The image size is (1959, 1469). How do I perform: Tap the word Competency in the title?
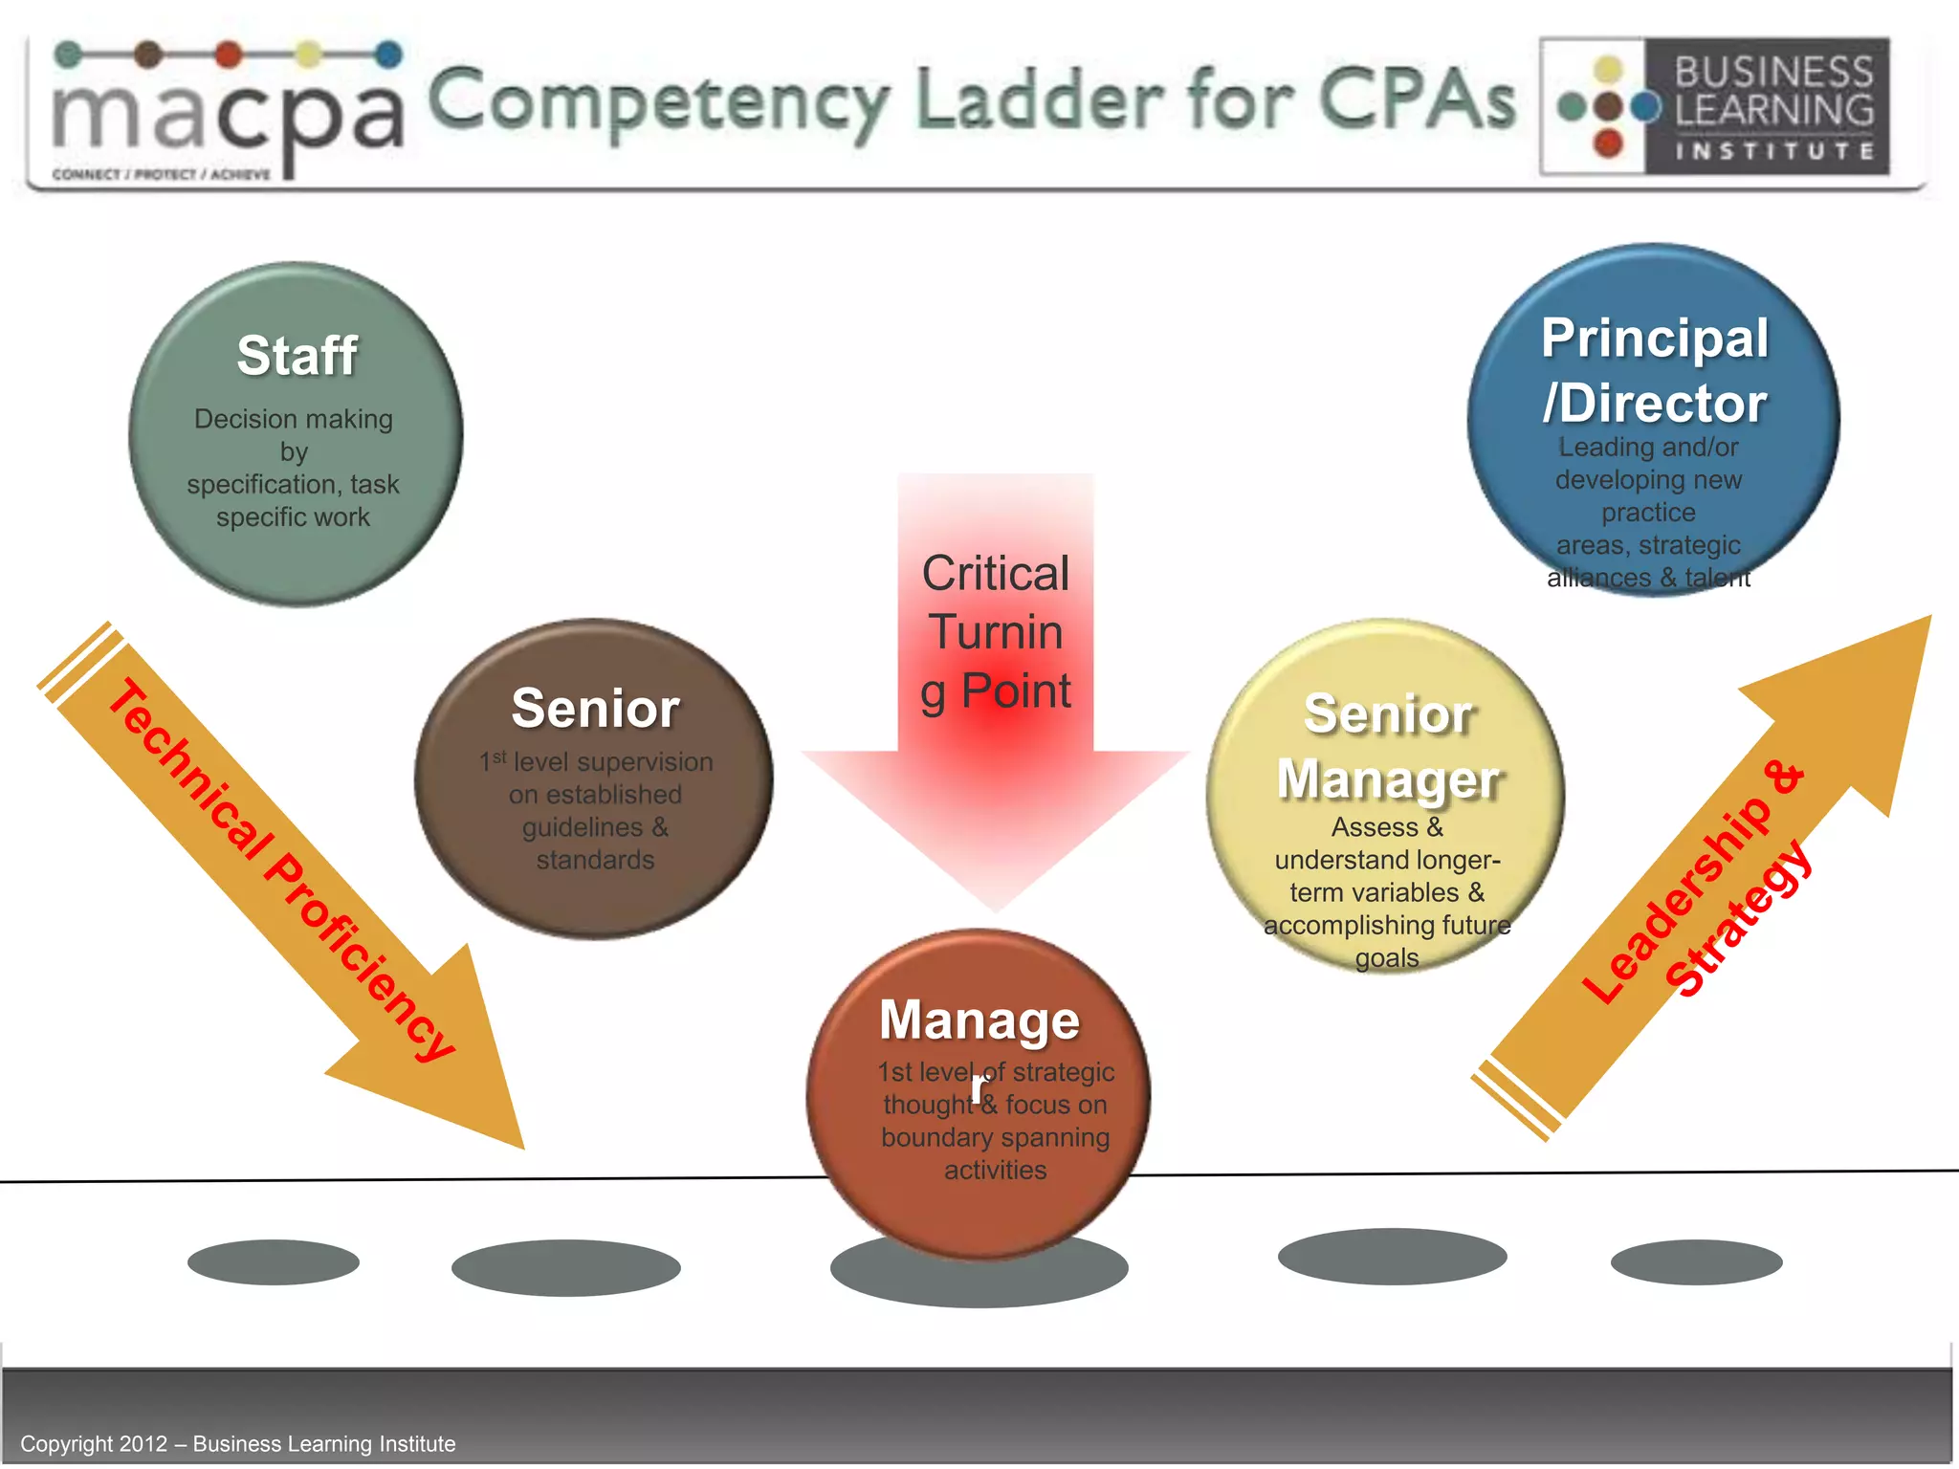658,102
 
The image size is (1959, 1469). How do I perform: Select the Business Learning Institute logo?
1714,106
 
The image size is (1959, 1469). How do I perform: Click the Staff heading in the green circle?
297,356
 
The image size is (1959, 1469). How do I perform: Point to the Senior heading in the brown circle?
595,709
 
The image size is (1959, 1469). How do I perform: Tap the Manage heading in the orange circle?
979,1020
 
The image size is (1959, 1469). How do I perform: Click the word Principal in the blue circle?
1655,339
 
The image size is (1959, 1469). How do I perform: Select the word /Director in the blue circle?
1655,404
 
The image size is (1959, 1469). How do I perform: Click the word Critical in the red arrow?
995,574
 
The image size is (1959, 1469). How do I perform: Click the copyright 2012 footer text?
238,1443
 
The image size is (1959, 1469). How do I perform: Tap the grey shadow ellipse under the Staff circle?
274,1262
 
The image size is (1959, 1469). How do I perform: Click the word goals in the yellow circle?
1386,958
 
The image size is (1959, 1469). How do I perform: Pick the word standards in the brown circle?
595,860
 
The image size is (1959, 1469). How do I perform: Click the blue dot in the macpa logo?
388,55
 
